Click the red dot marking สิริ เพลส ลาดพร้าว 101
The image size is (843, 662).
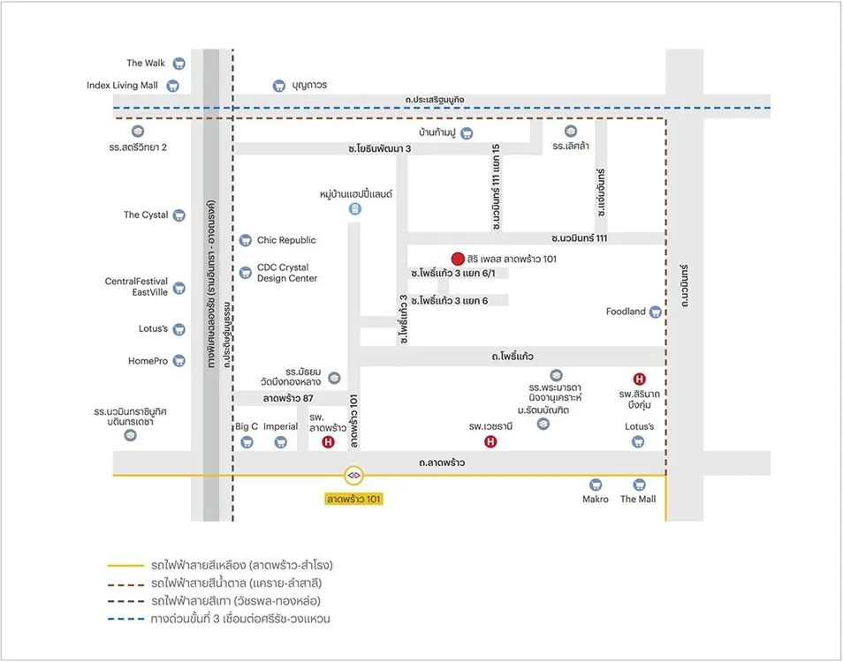(x=457, y=259)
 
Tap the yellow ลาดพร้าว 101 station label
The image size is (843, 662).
(x=354, y=500)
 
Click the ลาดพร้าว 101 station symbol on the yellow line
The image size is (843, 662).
(x=354, y=475)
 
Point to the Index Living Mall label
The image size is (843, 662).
(x=122, y=86)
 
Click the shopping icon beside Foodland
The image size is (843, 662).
(x=655, y=312)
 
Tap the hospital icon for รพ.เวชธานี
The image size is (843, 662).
(x=491, y=442)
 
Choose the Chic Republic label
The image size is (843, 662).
(x=286, y=240)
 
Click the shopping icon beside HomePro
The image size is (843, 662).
(x=178, y=361)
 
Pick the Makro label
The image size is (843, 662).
(x=595, y=500)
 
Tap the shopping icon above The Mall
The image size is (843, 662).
(x=638, y=485)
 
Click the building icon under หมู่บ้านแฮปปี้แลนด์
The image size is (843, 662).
(x=355, y=209)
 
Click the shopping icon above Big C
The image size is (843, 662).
(x=246, y=442)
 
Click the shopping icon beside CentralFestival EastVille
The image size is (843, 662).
(x=178, y=288)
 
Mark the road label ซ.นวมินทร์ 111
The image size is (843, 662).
(x=579, y=238)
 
